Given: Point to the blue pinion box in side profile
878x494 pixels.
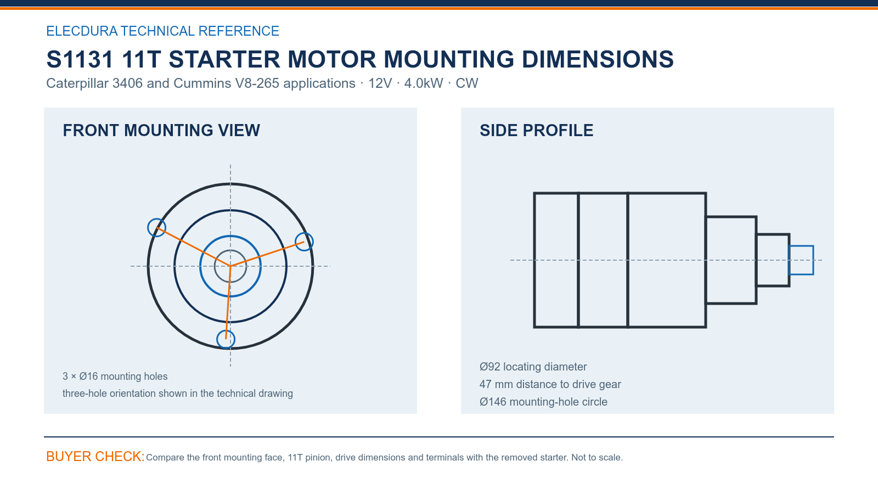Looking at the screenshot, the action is point(801,246).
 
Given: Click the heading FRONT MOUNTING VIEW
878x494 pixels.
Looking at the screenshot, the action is point(161,131).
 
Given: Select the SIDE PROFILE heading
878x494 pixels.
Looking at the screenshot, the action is point(536,131).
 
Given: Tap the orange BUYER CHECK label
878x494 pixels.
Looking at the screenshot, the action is point(95,456).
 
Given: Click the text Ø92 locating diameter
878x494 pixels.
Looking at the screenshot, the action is point(533,367).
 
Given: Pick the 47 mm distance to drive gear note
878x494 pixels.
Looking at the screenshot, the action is point(550,384).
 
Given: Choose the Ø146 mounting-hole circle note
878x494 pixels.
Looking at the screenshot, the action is point(543,402).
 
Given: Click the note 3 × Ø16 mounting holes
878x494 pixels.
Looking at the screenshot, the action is point(115,377).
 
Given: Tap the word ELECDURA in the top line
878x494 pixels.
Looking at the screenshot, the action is point(82,31).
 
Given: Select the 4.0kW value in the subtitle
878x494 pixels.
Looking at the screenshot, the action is point(423,83).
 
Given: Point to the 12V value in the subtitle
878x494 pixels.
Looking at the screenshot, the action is point(380,83).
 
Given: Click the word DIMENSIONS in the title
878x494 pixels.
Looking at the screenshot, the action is point(598,60).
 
